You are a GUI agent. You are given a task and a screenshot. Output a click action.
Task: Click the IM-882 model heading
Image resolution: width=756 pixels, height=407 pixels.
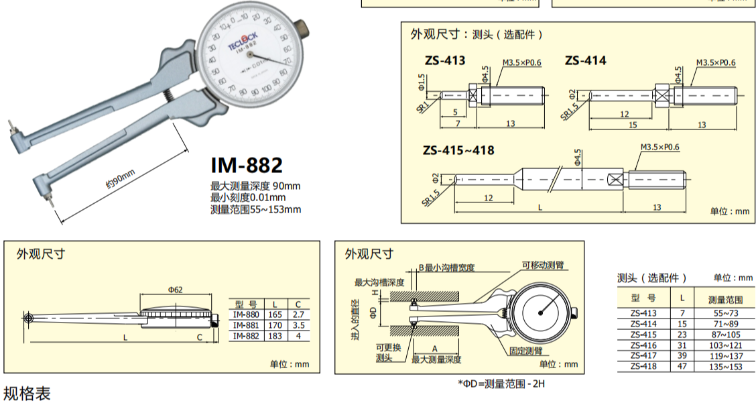click(x=247, y=165)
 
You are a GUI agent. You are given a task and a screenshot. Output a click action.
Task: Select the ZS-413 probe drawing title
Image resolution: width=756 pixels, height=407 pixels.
click(x=444, y=60)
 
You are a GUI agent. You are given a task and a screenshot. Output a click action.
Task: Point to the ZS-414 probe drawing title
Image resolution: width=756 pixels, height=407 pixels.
click(x=585, y=60)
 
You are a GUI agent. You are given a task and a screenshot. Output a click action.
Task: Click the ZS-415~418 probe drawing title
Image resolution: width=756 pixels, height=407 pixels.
click(x=458, y=150)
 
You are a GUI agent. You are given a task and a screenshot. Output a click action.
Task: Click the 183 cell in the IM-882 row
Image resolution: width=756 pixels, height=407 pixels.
click(x=275, y=335)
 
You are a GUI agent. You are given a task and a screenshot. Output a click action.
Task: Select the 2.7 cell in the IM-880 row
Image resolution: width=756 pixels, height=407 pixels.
click(x=298, y=314)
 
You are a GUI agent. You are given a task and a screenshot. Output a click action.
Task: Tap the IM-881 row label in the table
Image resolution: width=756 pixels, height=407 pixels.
click(x=245, y=325)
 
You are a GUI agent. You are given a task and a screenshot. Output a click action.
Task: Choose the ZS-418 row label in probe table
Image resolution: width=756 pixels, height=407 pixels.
click(x=643, y=366)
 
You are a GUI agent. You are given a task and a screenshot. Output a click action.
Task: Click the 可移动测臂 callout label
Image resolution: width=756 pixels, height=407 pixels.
click(x=542, y=265)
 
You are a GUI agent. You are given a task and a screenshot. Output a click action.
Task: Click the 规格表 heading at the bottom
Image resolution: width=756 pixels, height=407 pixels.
click(x=27, y=394)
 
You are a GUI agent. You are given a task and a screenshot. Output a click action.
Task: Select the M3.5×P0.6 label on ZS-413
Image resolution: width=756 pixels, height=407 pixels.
click(x=521, y=63)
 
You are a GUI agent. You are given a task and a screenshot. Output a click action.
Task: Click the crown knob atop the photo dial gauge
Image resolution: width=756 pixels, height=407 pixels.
click(x=305, y=30)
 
